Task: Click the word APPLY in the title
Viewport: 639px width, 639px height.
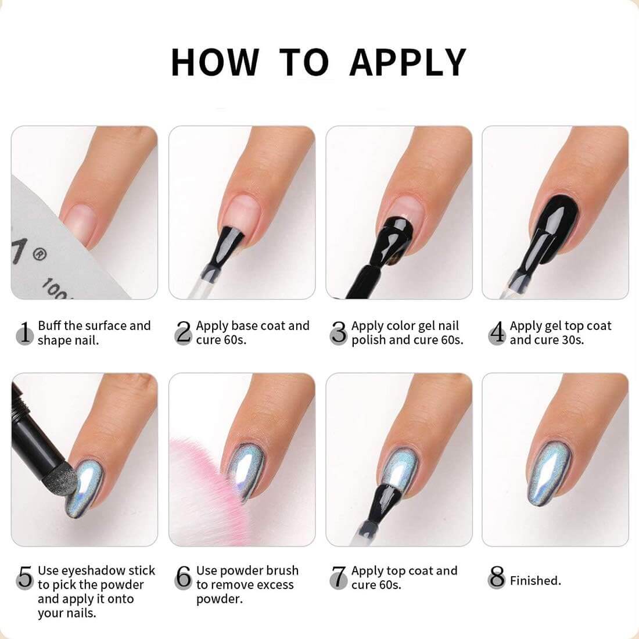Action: tap(408, 62)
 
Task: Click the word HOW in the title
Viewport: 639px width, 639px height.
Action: tap(215, 62)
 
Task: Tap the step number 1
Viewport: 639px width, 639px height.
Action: tap(25, 332)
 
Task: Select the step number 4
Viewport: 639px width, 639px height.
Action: tap(497, 332)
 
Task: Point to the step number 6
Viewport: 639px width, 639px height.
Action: tap(184, 577)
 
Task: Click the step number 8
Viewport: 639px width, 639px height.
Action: tap(497, 577)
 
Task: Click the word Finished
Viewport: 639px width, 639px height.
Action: tap(535, 580)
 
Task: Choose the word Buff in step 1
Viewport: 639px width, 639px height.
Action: tap(49, 326)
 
